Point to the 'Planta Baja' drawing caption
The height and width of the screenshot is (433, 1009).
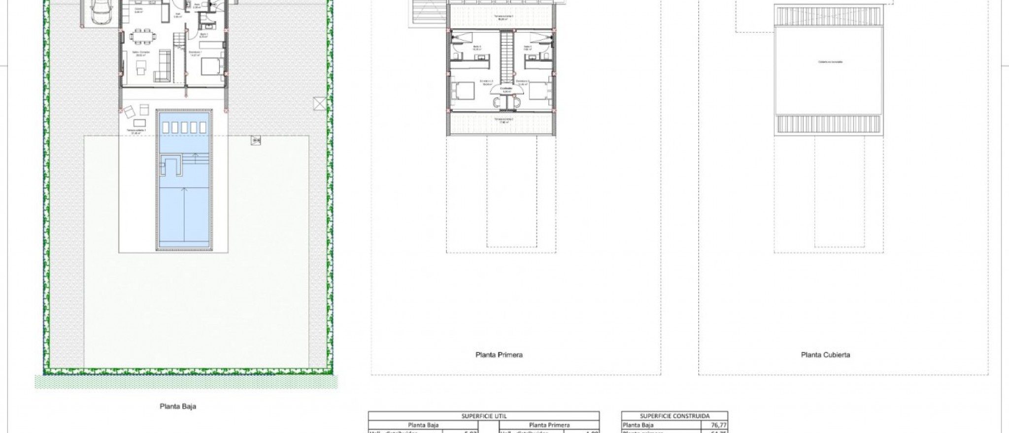point(178,406)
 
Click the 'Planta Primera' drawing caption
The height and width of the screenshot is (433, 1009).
point(499,355)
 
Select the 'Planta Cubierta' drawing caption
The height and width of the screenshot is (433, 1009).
point(825,355)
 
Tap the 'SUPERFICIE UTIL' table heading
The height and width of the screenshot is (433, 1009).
point(484,416)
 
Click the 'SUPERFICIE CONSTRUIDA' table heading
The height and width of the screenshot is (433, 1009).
point(674,416)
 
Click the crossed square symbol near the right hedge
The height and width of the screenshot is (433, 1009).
point(319,104)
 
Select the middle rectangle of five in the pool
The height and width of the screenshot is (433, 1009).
point(184,127)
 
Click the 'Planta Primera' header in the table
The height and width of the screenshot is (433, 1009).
point(549,425)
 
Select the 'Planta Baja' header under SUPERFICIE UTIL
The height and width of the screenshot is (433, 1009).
point(423,425)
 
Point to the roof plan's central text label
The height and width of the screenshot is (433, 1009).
point(830,62)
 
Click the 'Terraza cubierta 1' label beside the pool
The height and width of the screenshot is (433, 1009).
point(132,131)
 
